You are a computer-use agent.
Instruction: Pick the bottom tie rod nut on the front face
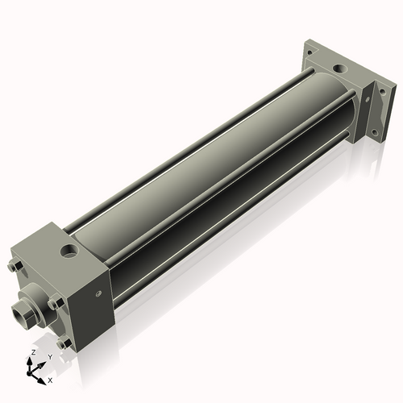point(64,343)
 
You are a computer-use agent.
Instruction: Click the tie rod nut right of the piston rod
point(55,303)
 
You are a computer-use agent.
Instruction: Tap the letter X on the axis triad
point(50,379)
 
